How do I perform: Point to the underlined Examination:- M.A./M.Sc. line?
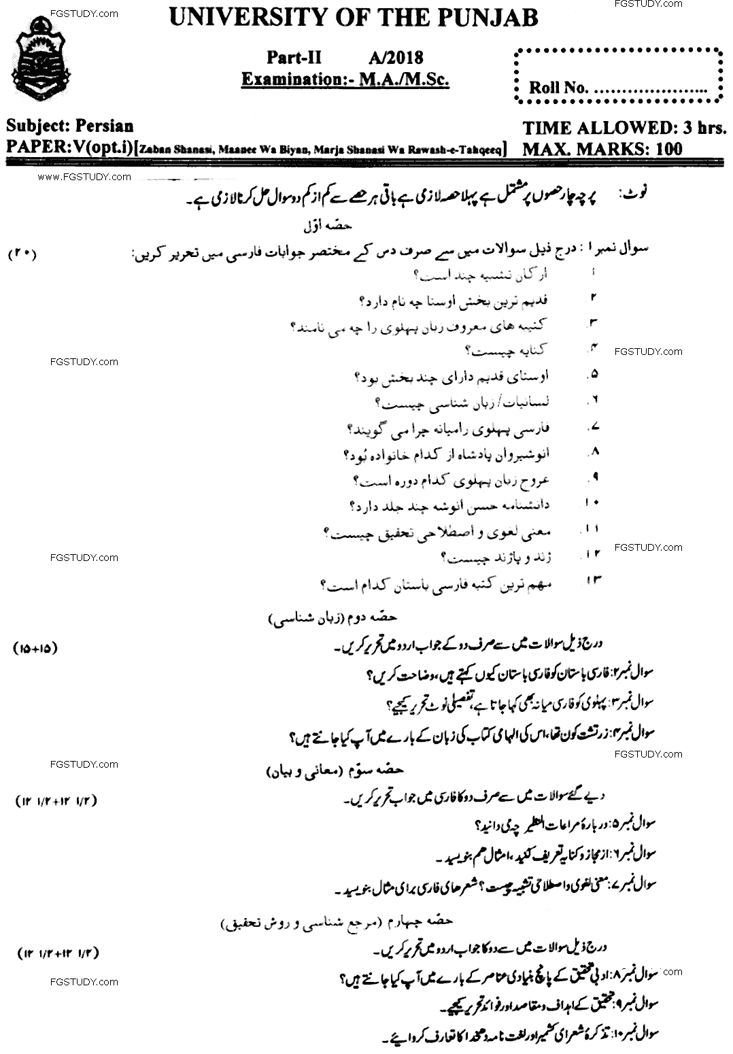pyautogui.click(x=345, y=80)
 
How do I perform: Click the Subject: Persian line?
pyautogui.click(x=70, y=126)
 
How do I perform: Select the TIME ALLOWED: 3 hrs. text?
pyautogui.click(x=624, y=128)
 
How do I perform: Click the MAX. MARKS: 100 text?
pyautogui.click(x=602, y=148)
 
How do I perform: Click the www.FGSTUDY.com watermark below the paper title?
pyautogui.click(x=84, y=177)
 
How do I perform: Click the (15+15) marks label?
pyautogui.click(x=35, y=648)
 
